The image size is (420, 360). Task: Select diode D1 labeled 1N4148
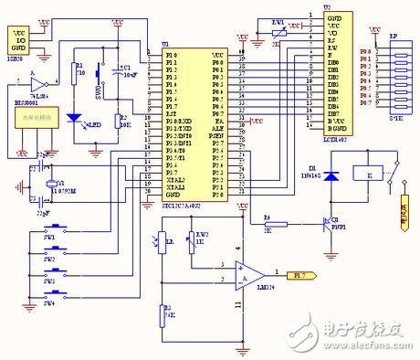pos(332,175)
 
